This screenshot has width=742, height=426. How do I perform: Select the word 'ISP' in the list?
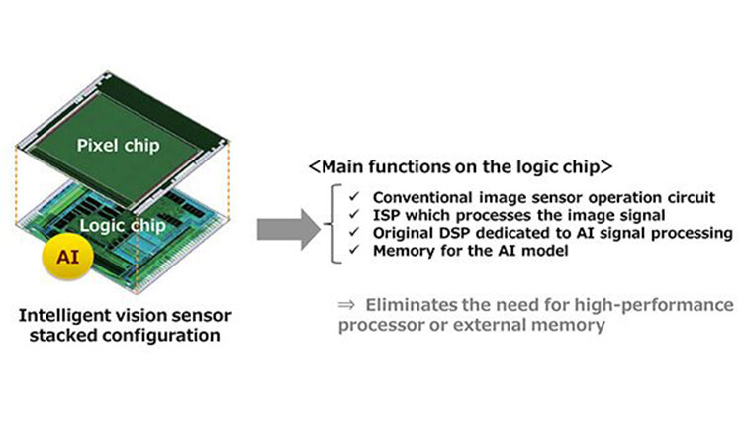pyautogui.click(x=388, y=215)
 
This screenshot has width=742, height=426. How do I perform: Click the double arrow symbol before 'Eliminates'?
pyautogui.click(x=345, y=303)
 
